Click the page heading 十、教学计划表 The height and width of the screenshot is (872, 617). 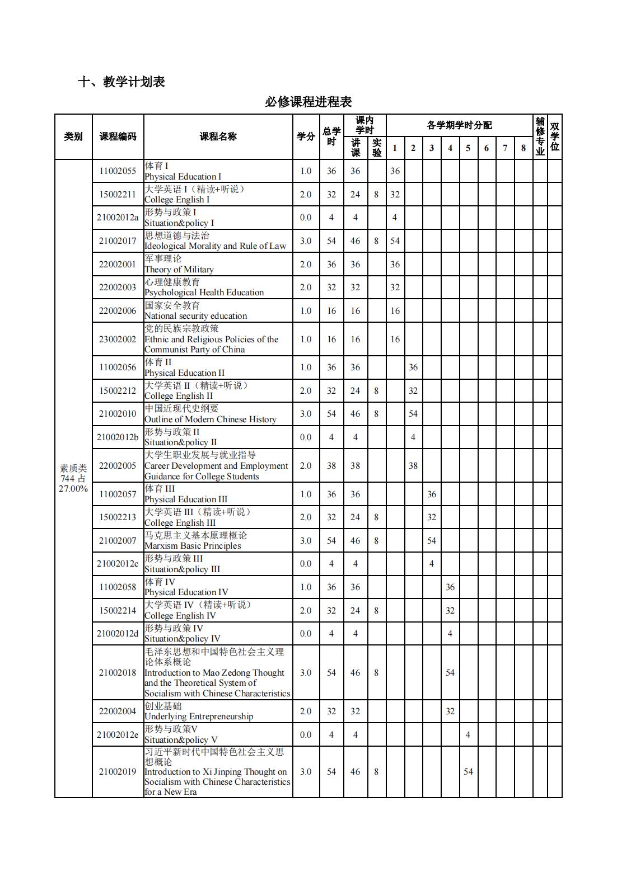pyautogui.click(x=121, y=82)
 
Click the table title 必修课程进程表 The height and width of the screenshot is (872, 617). pyautogui.click(x=308, y=102)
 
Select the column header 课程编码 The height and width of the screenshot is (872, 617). pyautogui.click(x=118, y=136)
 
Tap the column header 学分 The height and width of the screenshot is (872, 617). pyautogui.click(x=306, y=136)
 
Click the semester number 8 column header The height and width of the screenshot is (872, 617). pyautogui.click(x=523, y=148)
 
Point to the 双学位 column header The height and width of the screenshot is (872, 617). pyautogui.click(x=554, y=136)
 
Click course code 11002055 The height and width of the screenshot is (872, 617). pyautogui.click(x=118, y=171)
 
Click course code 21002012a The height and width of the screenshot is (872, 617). pyautogui.click(x=118, y=218)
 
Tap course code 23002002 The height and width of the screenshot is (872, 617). pyautogui.click(x=118, y=339)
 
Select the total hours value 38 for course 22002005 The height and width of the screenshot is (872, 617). pyautogui.click(x=331, y=465)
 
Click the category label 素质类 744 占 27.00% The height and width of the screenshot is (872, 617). pyautogui.click(x=73, y=478)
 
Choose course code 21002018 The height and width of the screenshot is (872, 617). pyautogui.click(x=118, y=672)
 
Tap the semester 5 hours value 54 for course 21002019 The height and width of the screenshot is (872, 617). pyautogui.click(x=468, y=771)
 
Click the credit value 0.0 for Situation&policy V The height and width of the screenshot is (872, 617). pyautogui.click(x=306, y=734)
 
